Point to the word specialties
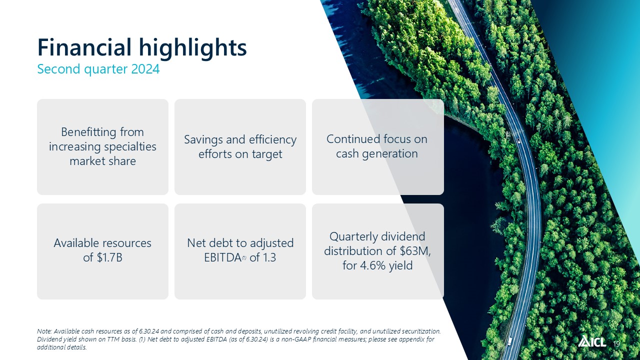click(130, 147)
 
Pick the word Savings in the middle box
click(203, 140)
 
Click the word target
click(267, 154)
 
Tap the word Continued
click(351, 139)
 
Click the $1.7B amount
click(109, 257)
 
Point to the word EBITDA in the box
click(223, 257)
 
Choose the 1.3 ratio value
click(269, 257)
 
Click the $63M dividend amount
click(415, 251)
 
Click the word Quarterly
click(352, 237)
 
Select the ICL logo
click(591, 341)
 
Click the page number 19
click(616, 343)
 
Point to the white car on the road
click(518, 140)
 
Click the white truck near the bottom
click(509, 341)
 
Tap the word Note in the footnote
click(44, 331)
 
